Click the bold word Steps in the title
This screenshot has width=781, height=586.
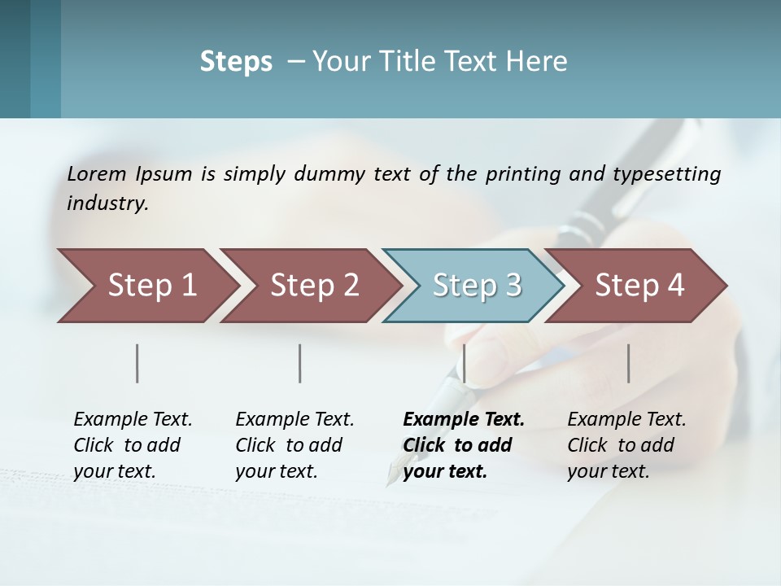click(236, 61)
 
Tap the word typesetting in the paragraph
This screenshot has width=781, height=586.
click(666, 173)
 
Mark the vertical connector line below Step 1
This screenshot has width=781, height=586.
click(137, 363)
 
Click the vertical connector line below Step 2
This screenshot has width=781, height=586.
click(300, 363)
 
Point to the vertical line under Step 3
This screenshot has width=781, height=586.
click(464, 363)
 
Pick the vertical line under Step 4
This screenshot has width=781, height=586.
click(628, 363)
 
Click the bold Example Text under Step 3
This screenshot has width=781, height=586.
click(464, 419)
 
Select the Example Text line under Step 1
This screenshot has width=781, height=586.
click(133, 419)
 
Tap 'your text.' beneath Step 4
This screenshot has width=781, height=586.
click(609, 471)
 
